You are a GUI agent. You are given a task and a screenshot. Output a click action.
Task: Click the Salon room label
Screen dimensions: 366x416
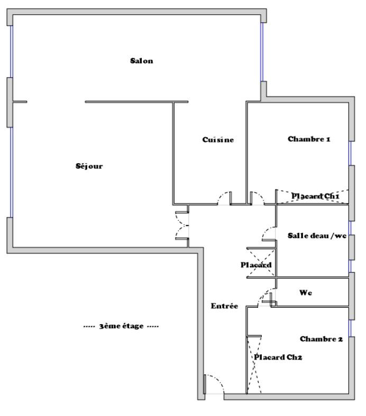(141, 61)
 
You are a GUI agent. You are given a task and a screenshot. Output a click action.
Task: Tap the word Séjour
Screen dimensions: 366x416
(89, 166)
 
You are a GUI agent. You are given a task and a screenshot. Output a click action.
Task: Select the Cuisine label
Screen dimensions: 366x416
(218, 139)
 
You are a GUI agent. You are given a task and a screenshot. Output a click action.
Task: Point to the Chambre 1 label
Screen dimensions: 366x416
(309, 139)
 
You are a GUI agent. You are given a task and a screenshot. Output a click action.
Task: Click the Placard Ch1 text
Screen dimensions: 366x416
(315, 196)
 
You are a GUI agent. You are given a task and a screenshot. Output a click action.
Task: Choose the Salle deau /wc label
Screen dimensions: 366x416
(317, 235)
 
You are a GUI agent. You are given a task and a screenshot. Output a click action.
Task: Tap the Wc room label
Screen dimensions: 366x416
(306, 292)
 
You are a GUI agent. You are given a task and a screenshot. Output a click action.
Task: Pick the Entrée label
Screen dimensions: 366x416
(224, 306)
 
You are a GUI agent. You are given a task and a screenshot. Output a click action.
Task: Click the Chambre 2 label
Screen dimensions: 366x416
(322, 339)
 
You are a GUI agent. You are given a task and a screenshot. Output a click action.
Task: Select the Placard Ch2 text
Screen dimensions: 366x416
(278, 357)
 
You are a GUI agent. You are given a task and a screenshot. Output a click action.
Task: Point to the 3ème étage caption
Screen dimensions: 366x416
(121, 326)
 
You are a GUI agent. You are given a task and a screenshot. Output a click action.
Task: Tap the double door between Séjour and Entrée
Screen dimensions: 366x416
(182, 225)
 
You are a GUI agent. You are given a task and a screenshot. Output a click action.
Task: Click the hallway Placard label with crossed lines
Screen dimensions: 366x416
(256, 265)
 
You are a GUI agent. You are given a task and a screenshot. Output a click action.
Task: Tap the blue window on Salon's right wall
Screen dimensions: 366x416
(262, 52)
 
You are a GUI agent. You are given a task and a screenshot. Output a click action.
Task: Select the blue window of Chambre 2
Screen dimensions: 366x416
(350, 328)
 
